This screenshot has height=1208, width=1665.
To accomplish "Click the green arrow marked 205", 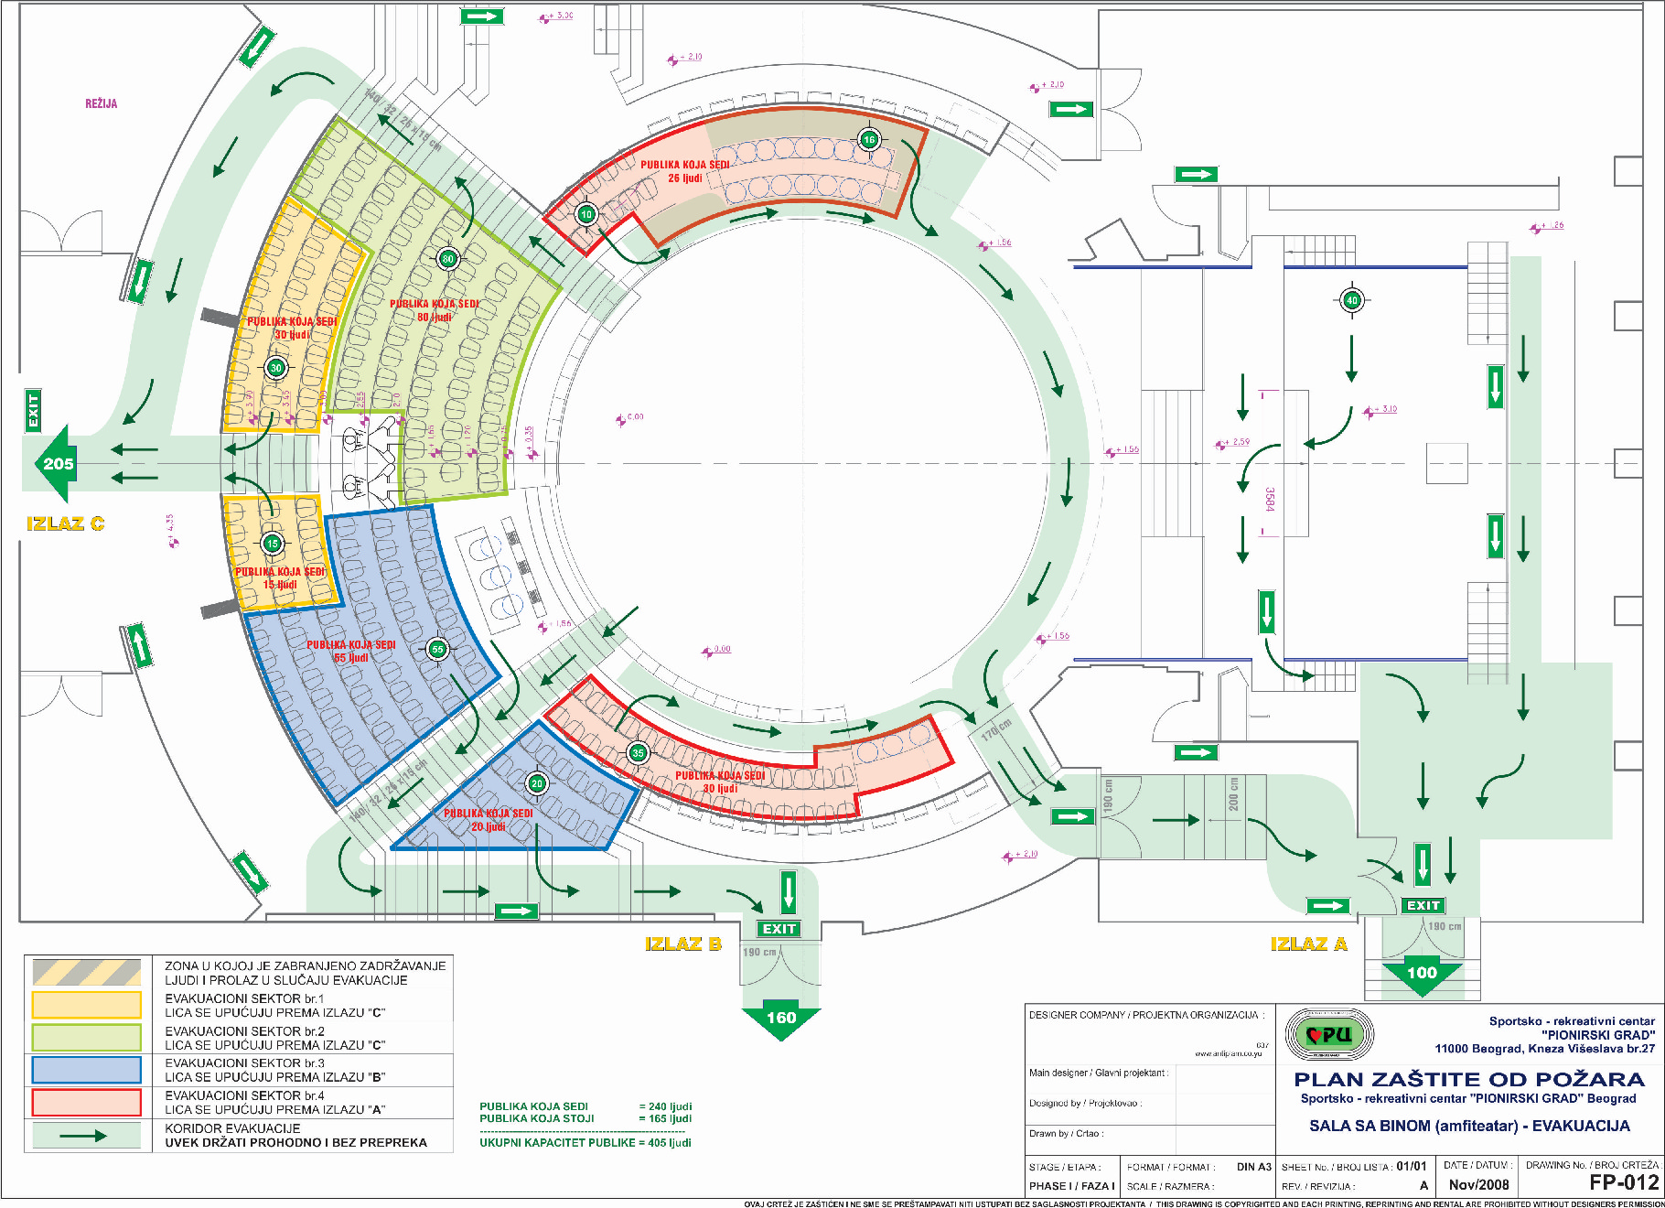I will [55, 463].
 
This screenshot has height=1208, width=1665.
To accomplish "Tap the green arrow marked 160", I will [780, 1019].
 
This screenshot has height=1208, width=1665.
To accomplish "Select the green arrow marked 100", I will [1422, 975].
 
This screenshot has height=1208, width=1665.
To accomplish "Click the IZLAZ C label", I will [66, 524].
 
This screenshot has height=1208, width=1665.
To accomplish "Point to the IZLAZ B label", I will [682, 944].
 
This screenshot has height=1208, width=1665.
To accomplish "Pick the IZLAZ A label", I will [1308, 944].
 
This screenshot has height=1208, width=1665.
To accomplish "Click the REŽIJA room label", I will [101, 104].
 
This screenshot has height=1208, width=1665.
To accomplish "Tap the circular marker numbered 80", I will [447, 259].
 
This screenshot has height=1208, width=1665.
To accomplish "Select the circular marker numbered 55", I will [437, 649].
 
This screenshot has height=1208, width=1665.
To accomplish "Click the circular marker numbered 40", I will [1352, 299].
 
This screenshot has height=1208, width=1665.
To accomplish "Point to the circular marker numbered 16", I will [868, 139].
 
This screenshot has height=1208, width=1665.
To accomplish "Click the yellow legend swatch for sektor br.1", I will [87, 1005].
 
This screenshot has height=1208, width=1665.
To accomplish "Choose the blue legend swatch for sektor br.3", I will [87, 1070].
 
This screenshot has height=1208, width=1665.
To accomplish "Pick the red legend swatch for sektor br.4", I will [87, 1102].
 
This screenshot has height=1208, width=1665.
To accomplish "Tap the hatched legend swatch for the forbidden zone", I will [87, 972].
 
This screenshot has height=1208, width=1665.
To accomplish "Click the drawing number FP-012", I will [1624, 1182].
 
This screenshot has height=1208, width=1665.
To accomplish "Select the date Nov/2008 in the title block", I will [1478, 1184].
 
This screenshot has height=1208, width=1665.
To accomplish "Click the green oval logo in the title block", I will [1329, 1035].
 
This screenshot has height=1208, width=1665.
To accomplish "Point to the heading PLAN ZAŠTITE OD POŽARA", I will [1469, 1080].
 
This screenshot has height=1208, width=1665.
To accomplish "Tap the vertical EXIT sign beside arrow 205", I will [33, 410].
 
